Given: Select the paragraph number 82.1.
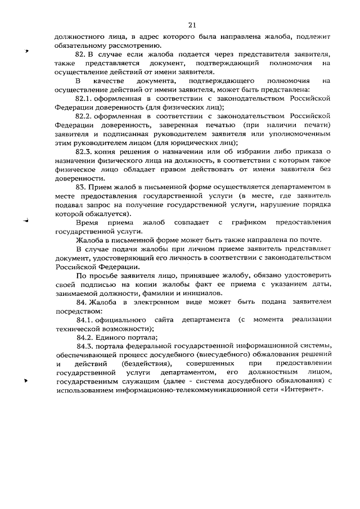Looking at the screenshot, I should (x=84, y=99).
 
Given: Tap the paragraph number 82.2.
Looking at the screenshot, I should (x=84, y=116).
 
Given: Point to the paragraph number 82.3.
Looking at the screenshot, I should (x=84, y=152).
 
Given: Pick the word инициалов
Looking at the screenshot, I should (x=194, y=293).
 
